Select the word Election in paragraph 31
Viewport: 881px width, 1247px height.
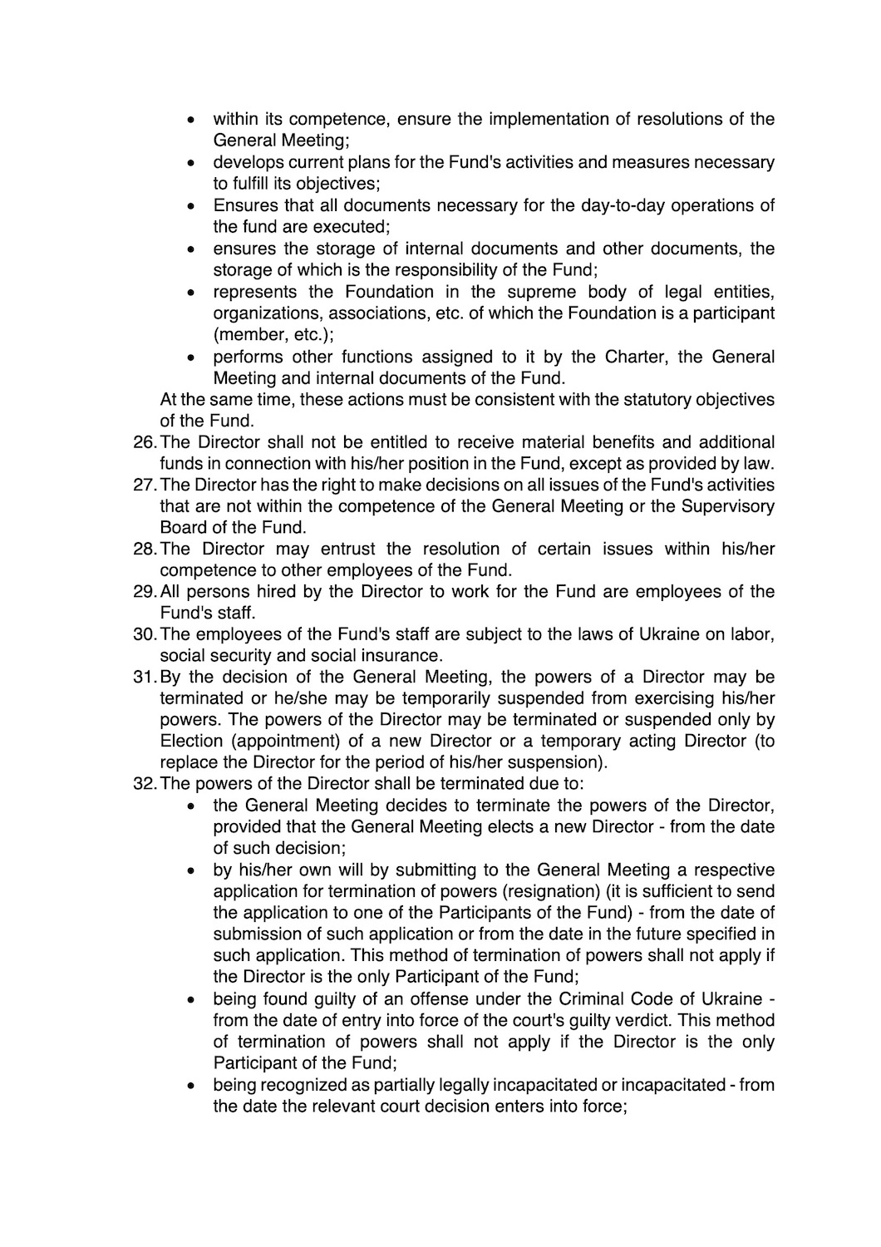(191, 741)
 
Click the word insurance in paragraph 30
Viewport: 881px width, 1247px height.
(401, 655)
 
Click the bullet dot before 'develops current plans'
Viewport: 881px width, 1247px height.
(192, 162)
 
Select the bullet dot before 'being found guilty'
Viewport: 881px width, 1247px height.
(192, 999)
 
